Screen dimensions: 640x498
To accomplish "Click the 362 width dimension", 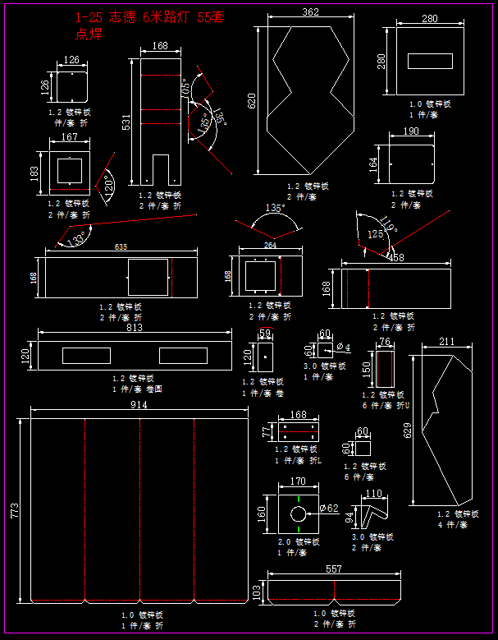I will pyautogui.click(x=310, y=12).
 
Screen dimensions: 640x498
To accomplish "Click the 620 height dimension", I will pyautogui.click(x=252, y=100).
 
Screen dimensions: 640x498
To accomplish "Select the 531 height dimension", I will pyautogui.click(x=126, y=122).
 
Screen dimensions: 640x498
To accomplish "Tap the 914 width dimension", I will pyautogui.click(x=139, y=405).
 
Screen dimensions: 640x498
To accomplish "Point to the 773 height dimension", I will pyautogui.click(x=14, y=510).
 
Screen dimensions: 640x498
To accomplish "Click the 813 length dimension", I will pyautogui.click(x=135, y=327).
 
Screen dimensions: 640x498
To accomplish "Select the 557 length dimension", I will pyautogui.click(x=333, y=569).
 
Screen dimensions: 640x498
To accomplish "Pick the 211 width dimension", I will pyautogui.click(x=446, y=341).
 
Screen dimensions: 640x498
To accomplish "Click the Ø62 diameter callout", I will pyautogui.click(x=328, y=509).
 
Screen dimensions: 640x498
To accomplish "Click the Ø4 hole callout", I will pyautogui.click(x=344, y=348).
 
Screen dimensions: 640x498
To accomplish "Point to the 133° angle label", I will pyautogui.click(x=78, y=238).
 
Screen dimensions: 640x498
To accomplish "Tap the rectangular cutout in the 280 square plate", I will pyautogui.click(x=430, y=61).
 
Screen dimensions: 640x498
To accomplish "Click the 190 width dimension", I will pyautogui.click(x=411, y=131).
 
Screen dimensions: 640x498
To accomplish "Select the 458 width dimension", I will pyautogui.click(x=396, y=258).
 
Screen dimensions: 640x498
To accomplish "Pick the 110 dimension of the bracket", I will pyautogui.click(x=373, y=494).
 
